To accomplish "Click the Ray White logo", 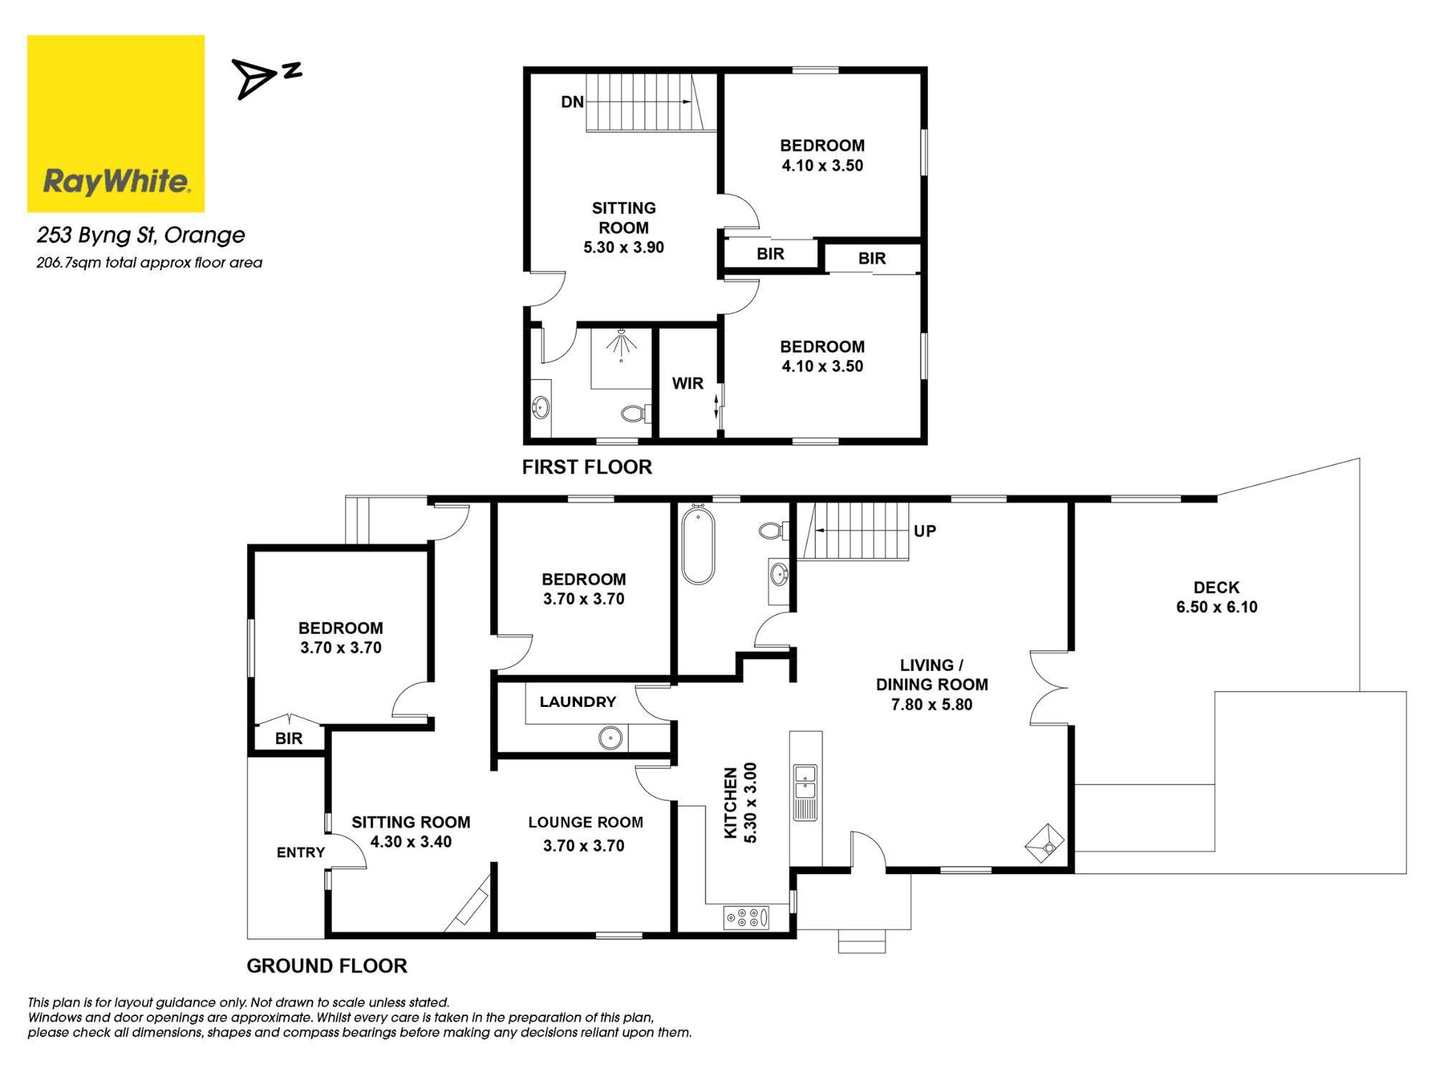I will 116,123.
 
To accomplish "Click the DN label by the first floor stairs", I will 571,103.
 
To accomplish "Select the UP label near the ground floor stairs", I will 924,531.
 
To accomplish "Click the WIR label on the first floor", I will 687,384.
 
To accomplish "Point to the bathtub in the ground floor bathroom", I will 698,546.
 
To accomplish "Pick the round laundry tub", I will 610,738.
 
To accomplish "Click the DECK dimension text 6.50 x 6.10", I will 1216,607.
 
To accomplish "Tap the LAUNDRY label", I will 577,702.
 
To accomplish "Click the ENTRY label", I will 300,852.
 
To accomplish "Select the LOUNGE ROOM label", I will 585,822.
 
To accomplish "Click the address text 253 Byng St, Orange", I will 141,235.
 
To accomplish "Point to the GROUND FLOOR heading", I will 326,966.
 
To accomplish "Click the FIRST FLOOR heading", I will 587,467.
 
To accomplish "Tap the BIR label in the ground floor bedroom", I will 288,738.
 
